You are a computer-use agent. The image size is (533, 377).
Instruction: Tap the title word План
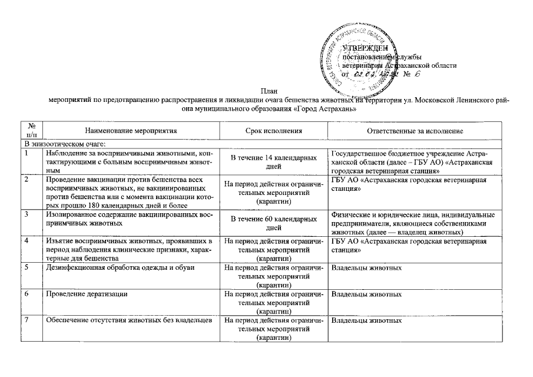pyautogui.click(x=267, y=91)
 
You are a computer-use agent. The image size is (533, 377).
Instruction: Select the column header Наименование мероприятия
pyautogui.click(x=130, y=131)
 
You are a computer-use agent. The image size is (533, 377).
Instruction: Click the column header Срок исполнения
pyautogui.click(x=273, y=131)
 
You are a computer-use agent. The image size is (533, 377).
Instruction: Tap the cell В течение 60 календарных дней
pyautogui.click(x=273, y=223)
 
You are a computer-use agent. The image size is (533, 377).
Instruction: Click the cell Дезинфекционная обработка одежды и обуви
pyautogui.click(x=112, y=268)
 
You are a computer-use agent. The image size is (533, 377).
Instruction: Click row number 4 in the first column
pyautogui.click(x=27, y=242)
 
